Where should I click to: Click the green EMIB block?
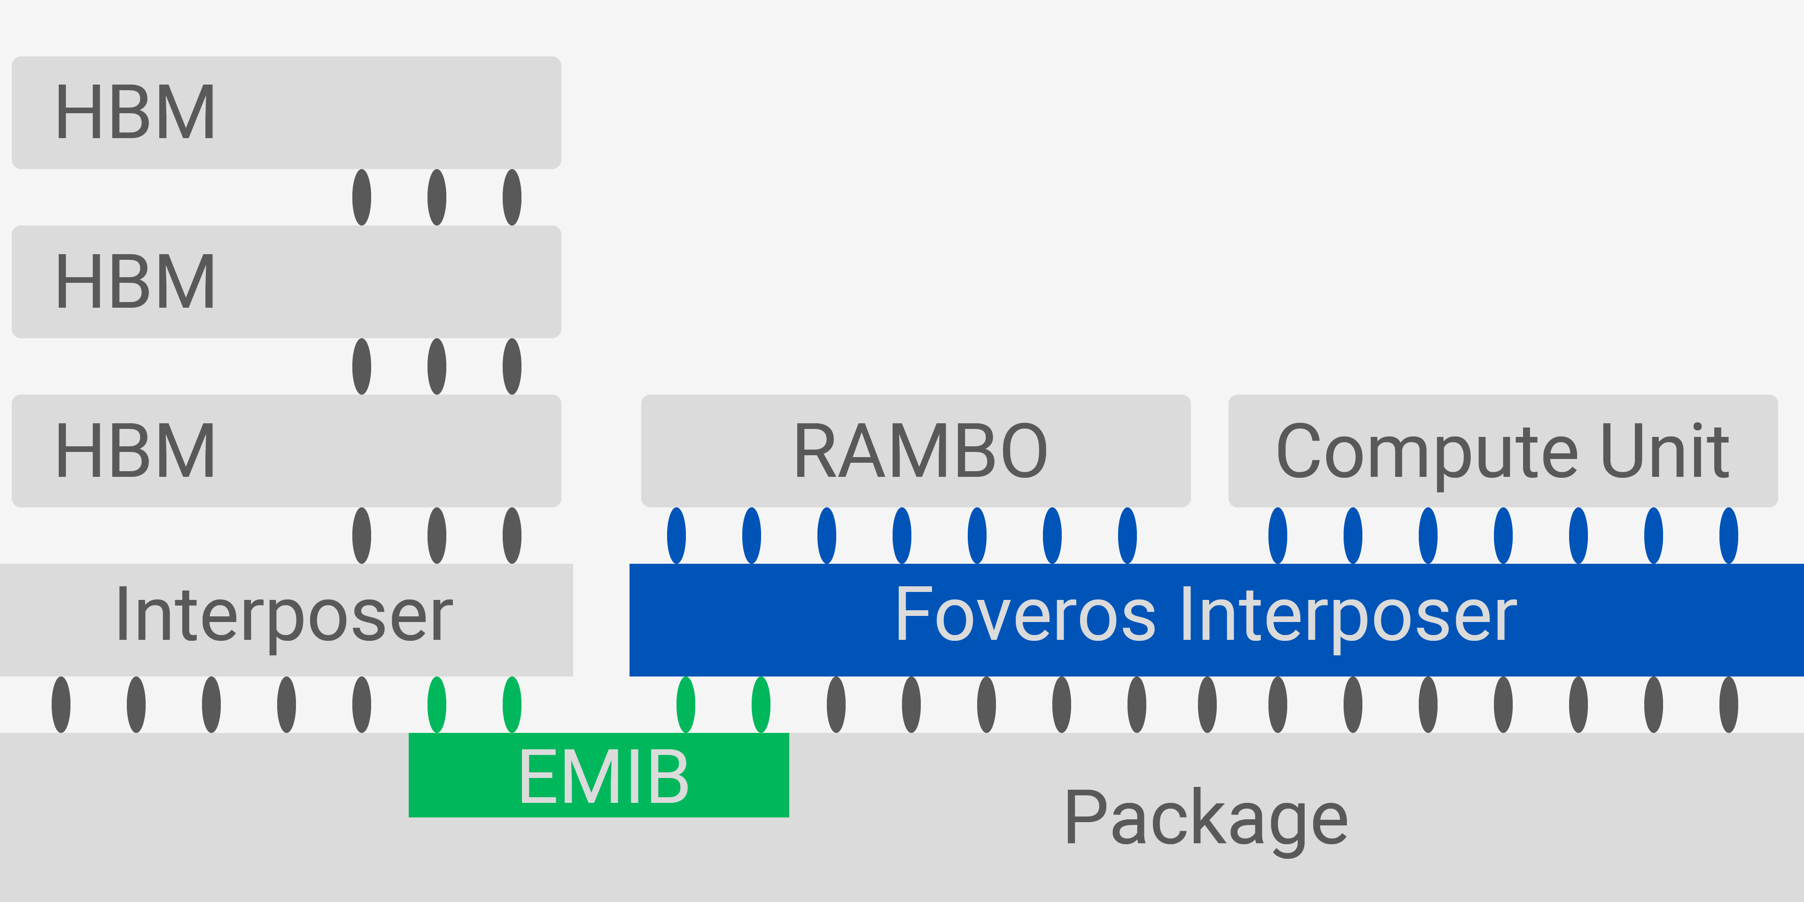click(599, 775)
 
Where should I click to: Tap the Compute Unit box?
click(1503, 451)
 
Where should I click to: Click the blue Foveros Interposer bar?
click(1216, 619)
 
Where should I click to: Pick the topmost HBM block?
click(287, 112)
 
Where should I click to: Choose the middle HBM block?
click(287, 281)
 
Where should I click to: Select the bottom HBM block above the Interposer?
click(287, 451)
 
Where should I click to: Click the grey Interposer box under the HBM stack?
click(287, 619)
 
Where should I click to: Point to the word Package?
click(1206, 818)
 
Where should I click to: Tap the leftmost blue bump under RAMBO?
click(676, 536)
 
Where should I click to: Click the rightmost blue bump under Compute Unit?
click(1728, 536)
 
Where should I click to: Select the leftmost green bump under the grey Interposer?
click(437, 705)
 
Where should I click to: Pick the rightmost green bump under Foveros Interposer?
click(761, 705)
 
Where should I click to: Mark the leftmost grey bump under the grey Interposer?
click(61, 705)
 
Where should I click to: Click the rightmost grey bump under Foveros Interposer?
click(1728, 705)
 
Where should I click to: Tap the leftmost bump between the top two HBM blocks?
click(361, 197)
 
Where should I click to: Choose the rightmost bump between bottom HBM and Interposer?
click(512, 536)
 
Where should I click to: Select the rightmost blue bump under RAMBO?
click(1127, 536)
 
